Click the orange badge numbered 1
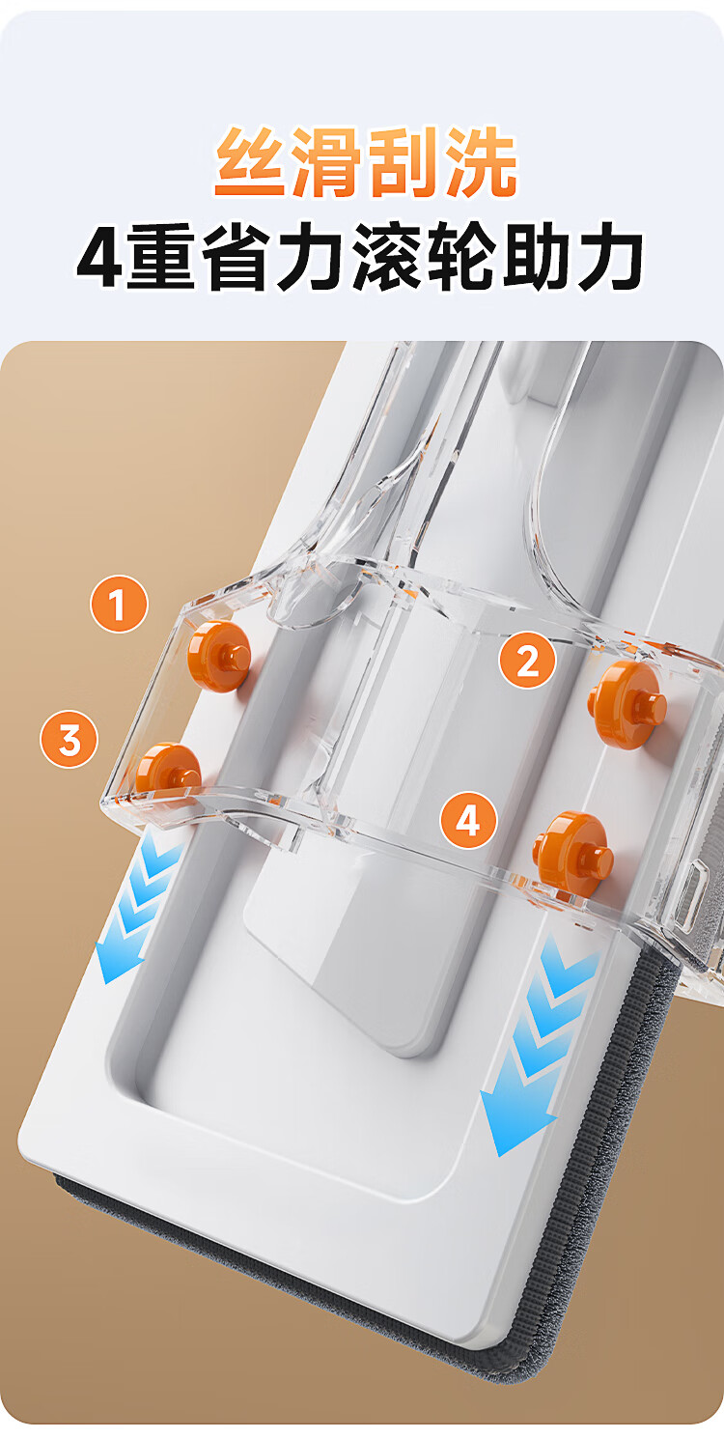click(119, 604)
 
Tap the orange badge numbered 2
click(528, 660)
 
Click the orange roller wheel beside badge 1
click(219, 656)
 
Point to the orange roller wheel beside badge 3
click(168, 771)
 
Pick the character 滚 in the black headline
click(389, 257)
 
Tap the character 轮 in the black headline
click(463, 257)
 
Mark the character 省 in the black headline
click(237, 257)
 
